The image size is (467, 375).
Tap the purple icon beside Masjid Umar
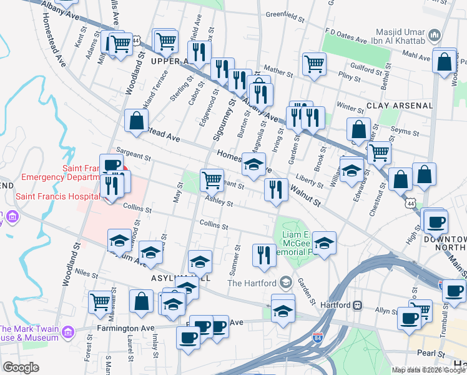[x=436, y=33]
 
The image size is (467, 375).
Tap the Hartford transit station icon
[x=358, y=306]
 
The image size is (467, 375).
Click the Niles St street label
[x=86, y=274]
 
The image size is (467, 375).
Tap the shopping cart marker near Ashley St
[x=212, y=179]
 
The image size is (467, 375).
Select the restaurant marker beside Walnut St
[x=276, y=189]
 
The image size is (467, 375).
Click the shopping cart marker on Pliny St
[x=314, y=62]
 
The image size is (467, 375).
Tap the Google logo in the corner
[x=21, y=367]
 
